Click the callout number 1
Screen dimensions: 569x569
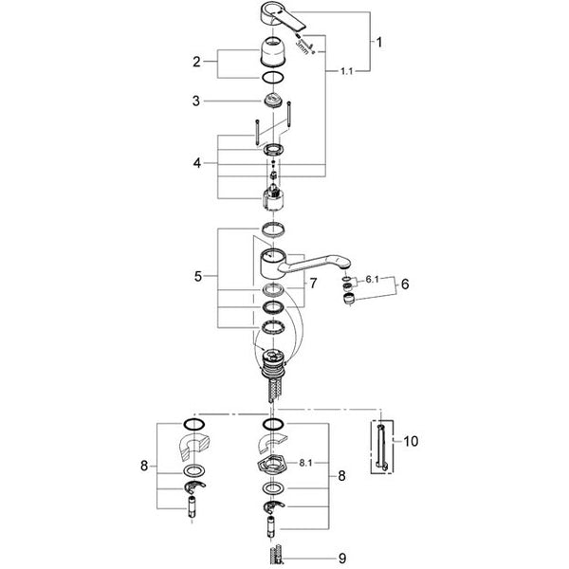pos(378,43)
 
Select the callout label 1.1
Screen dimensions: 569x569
pos(346,71)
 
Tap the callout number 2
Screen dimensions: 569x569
pos(196,62)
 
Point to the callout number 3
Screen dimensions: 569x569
pos(196,101)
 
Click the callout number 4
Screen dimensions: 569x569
pos(196,163)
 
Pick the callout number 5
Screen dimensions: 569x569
pos(198,277)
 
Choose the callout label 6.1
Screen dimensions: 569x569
pos(372,280)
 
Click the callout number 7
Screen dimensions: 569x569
pos(313,283)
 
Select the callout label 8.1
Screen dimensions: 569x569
pos(305,463)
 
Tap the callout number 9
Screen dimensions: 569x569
pos(342,559)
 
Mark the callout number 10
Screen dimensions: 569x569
pos(411,441)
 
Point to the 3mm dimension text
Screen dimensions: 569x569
pos(302,47)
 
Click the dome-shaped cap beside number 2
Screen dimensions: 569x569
pos(272,51)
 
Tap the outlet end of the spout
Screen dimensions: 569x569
pos(346,266)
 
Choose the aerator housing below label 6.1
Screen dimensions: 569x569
pos(348,300)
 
